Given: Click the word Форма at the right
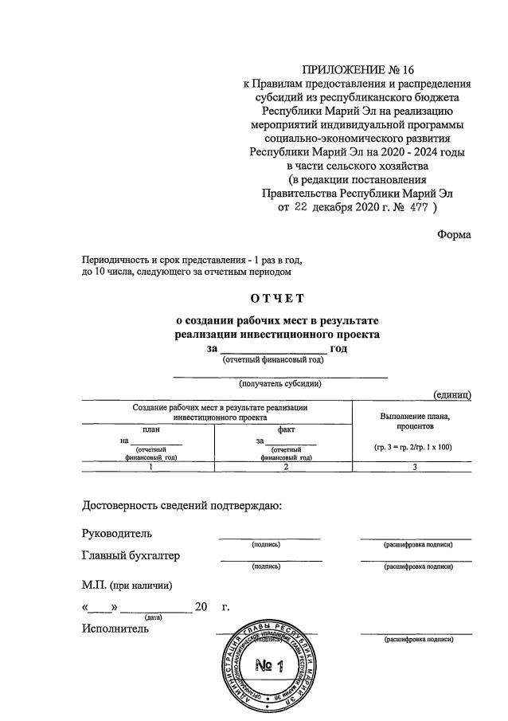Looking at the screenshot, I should pyautogui.click(x=454, y=234).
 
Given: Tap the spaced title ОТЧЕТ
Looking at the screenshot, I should pyautogui.click(x=277, y=299).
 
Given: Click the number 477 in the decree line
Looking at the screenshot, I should pyautogui.click(x=416, y=208).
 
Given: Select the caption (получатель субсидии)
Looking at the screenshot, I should pyautogui.click(x=280, y=383).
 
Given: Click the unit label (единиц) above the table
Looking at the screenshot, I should pyautogui.click(x=451, y=394).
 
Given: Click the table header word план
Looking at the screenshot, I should pyautogui.click(x=150, y=429).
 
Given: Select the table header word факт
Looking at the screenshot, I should pyautogui.click(x=286, y=429).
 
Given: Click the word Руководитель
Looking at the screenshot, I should pyautogui.click(x=117, y=533).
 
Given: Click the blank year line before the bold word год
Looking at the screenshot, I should pyautogui.click(x=272, y=349).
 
